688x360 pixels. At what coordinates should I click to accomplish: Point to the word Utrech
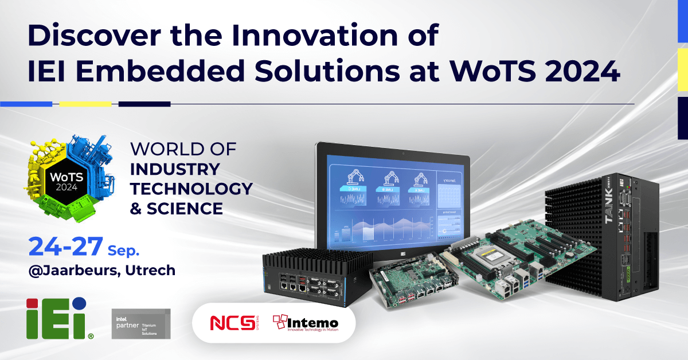150,270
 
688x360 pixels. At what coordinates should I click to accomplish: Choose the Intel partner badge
140,323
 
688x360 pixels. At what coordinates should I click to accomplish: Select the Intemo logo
305,323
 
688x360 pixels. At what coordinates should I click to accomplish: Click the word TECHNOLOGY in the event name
191,188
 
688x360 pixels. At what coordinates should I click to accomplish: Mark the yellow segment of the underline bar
85,104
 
